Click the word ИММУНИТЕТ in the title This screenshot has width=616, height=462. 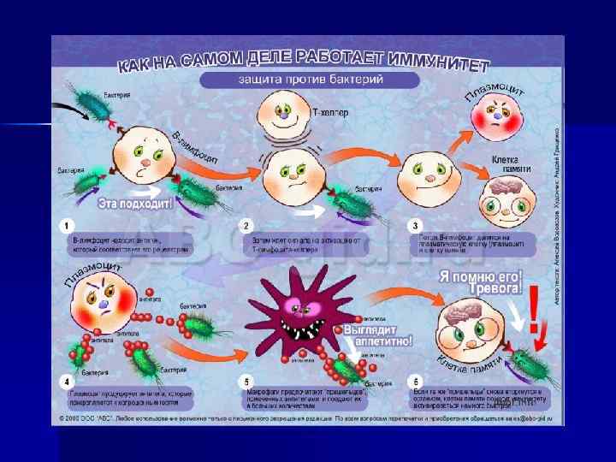(441, 62)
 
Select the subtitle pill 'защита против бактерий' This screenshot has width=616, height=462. (310, 80)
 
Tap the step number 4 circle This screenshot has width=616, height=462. (62, 382)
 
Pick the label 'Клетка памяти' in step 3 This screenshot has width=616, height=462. (511, 163)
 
